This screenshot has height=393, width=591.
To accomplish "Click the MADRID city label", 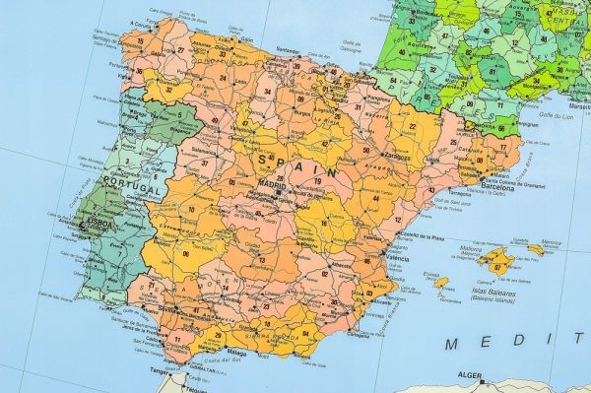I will [272, 183].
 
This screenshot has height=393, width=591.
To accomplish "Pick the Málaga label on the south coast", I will [235, 352].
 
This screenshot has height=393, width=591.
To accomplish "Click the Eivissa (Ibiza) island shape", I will [441, 282].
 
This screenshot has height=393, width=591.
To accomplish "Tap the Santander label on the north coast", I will [288, 51].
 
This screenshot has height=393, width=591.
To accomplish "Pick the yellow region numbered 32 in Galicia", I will [169, 90].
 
